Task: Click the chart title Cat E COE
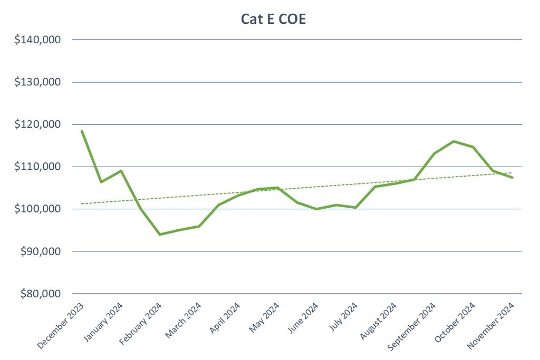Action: (x=270, y=18)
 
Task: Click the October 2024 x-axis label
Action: (x=455, y=322)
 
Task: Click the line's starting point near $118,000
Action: (x=82, y=131)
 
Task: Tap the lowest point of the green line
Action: (x=160, y=234)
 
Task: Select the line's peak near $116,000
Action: (x=454, y=141)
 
